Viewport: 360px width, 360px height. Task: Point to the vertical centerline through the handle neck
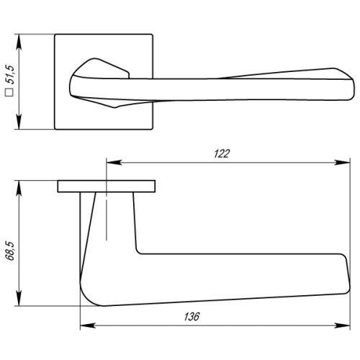tap(107, 216)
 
